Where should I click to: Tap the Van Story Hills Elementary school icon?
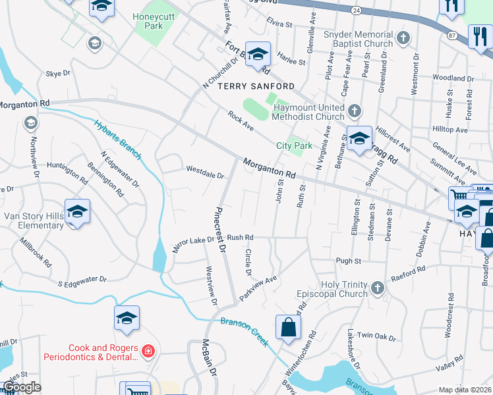coord(77,212)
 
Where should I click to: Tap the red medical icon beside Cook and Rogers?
coord(148,352)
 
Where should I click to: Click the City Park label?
coord(293,145)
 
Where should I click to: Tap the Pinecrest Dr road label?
coord(219,230)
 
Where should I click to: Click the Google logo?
coord(22,387)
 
